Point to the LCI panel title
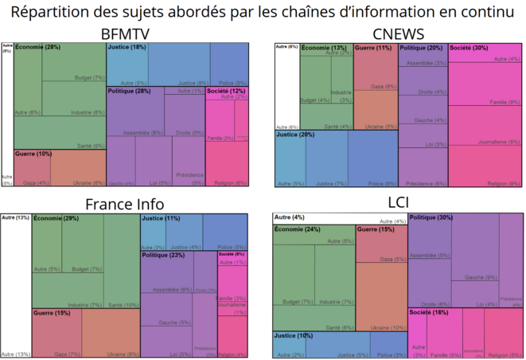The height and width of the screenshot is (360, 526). [397, 203]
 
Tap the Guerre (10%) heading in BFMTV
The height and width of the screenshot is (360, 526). [33, 154]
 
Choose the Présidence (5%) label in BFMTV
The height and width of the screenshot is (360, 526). [189, 174]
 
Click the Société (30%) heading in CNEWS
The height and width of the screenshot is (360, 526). [469, 49]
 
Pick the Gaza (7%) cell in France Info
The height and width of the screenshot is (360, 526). [68, 354]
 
